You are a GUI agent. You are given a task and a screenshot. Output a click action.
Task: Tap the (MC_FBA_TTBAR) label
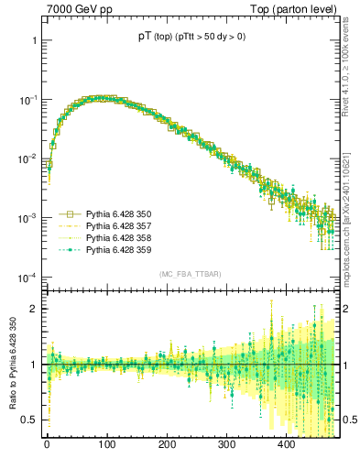click(x=190, y=275)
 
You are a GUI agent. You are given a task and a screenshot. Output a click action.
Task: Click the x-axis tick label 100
click(x=106, y=444)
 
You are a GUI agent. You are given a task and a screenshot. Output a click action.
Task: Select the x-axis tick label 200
click(x=167, y=444)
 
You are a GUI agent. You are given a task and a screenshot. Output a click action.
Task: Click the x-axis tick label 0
click(x=47, y=444)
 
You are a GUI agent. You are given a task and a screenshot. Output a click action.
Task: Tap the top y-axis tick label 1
click(x=33, y=41)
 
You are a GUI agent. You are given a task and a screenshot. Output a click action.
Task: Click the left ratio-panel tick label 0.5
click(x=29, y=420)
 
